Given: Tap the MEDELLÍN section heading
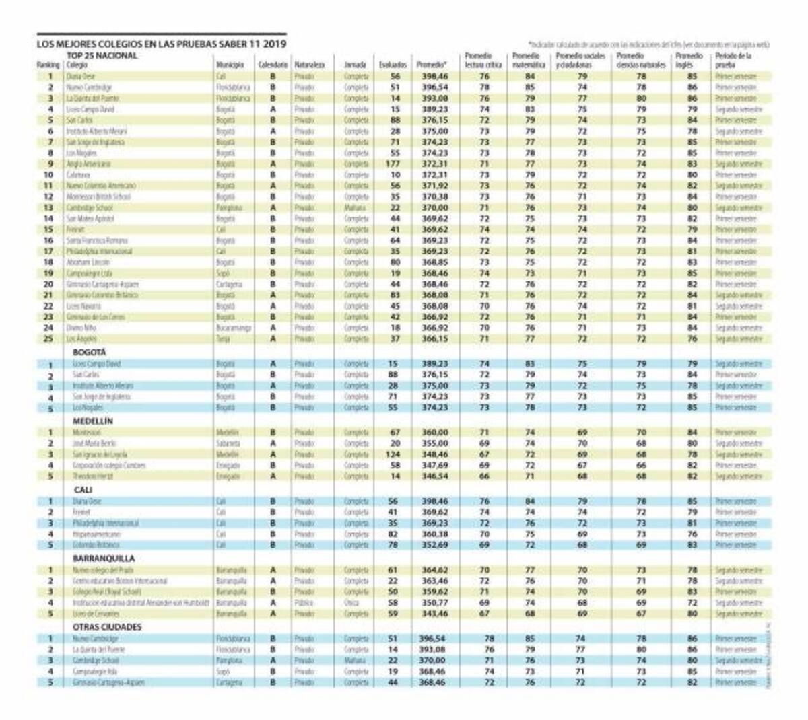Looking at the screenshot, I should (93, 421).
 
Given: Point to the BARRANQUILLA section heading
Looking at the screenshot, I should (104, 558).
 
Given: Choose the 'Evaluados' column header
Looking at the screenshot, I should (393, 65).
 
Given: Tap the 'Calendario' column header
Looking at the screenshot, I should (273, 65).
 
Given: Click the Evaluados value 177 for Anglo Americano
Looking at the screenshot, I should (394, 164).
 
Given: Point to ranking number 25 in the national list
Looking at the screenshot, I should (49, 338).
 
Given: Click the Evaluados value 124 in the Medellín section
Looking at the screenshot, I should (394, 454).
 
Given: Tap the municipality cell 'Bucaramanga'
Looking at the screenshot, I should (234, 328).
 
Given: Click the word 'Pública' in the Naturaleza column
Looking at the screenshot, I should (304, 603).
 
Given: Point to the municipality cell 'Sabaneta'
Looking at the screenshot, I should (228, 443).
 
